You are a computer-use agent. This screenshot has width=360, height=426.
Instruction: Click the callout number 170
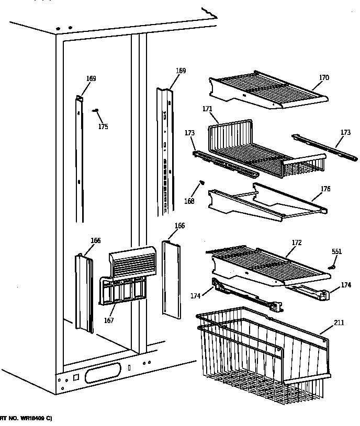[324, 78]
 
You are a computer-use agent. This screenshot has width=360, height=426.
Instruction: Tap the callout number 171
[207, 109]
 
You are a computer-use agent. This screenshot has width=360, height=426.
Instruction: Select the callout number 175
[103, 126]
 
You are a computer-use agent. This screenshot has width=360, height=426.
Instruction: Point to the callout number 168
[189, 201]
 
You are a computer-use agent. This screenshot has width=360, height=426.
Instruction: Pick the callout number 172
[297, 243]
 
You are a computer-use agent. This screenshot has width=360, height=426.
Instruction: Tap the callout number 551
[336, 252]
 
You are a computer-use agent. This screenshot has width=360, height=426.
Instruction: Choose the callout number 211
[339, 323]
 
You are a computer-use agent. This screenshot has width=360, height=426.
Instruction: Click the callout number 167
[108, 320]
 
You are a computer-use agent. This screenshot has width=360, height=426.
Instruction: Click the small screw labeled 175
[95, 110]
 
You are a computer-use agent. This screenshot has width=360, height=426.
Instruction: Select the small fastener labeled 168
[200, 182]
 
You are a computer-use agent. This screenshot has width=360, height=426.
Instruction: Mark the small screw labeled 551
[331, 267]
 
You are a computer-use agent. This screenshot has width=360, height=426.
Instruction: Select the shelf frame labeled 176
[267, 201]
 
